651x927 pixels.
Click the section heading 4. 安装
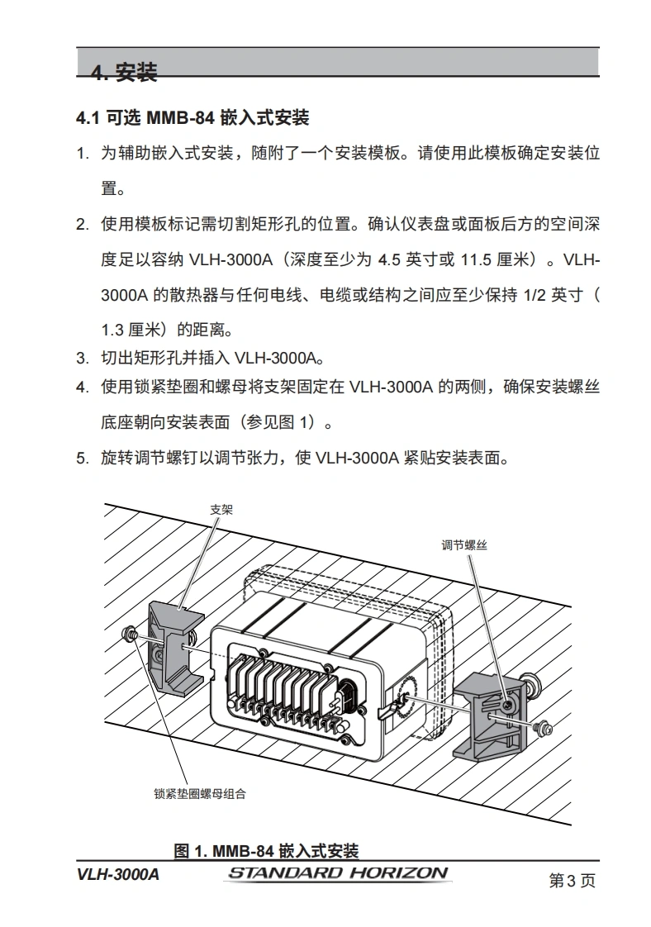click(x=124, y=72)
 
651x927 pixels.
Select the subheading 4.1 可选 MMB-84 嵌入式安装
click(x=192, y=117)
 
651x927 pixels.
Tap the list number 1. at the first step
click(x=83, y=154)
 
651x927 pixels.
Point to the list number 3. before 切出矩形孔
click(x=83, y=359)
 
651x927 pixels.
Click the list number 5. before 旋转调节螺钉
click(x=83, y=459)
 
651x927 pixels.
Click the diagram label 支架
click(x=221, y=510)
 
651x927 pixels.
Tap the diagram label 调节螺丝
click(x=464, y=545)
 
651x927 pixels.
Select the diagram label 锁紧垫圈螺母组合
click(x=200, y=793)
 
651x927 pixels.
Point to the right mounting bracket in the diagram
click(x=491, y=715)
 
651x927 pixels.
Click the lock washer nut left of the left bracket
click(x=128, y=635)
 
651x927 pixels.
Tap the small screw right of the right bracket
click(x=542, y=728)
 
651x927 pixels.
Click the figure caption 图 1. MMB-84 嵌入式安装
click(x=266, y=851)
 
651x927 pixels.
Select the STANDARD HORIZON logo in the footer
click(x=338, y=873)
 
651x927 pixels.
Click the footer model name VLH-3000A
click(x=117, y=874)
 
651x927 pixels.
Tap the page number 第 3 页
click(x=572, y=880)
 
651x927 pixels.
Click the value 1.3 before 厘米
click(x=112, y=330)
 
